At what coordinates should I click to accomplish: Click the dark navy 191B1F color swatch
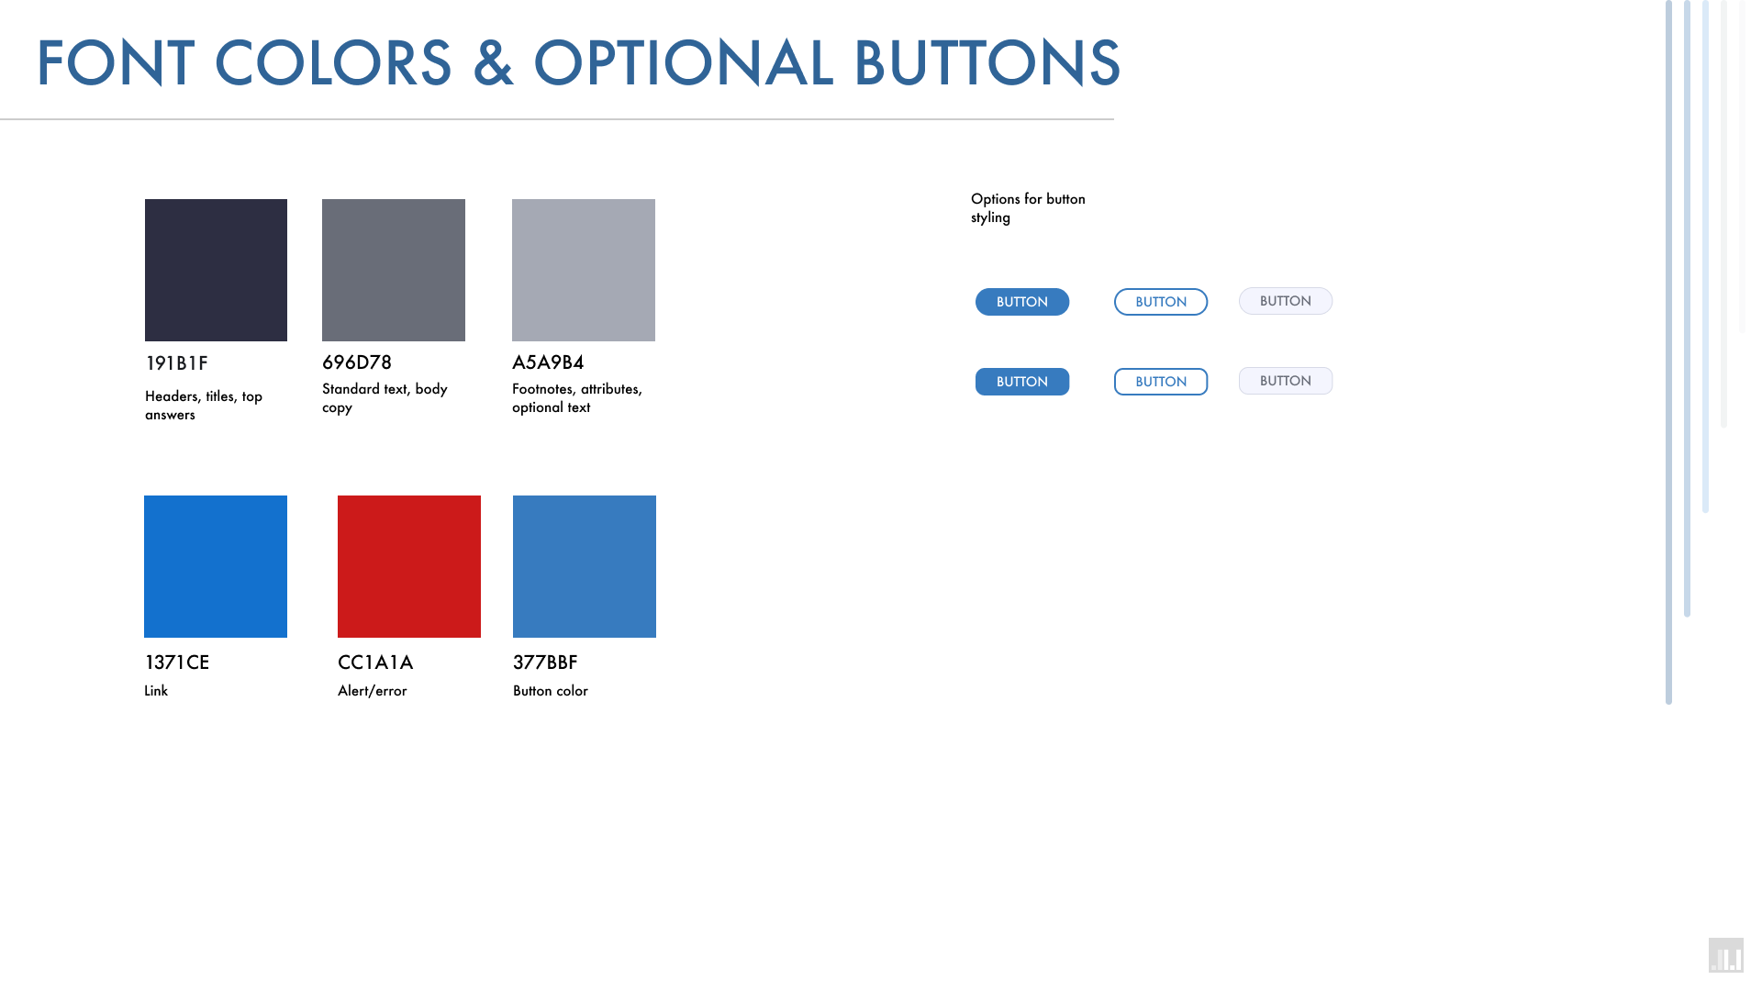coord(216,270)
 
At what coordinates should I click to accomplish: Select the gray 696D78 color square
coord(394,270)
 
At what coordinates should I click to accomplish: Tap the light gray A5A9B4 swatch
coord(584,270)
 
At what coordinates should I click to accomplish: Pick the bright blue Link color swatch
coord(216,566)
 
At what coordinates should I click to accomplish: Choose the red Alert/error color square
coord(409,566)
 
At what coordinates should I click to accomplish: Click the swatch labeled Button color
coord(585,566)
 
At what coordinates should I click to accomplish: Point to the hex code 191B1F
coord(177,363)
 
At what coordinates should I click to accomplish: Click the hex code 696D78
coord(357,362)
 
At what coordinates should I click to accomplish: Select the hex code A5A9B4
coord(548,362)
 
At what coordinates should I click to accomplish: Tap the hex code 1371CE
coord(177,663)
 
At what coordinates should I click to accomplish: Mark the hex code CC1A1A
coord(375,663)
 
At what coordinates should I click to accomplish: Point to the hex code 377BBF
coord(545,663)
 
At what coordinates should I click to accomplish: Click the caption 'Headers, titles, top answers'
coord(204,406)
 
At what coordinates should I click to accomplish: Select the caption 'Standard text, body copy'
coord(385,398)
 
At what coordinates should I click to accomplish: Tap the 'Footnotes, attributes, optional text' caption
coord(577,398)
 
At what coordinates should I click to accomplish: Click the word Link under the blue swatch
coord(156,691)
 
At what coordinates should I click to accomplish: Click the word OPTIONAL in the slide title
coord(684,63)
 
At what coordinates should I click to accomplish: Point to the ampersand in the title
coord(493,63)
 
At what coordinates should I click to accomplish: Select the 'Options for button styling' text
coord(1028,208)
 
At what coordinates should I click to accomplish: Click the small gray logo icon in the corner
coord(1726,955)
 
